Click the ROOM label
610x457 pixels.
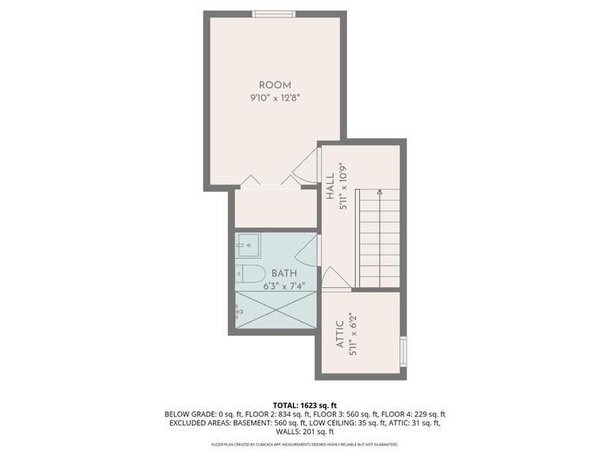coord(275,85)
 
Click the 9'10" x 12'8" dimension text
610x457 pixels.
coord(275,98)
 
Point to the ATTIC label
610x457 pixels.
coord(339,334)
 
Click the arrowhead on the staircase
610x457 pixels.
coord(380,192)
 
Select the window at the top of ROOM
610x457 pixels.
coord(274,13)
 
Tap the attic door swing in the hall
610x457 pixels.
coord(332,278)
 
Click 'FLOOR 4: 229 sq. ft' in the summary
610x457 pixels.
coord(413,413)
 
